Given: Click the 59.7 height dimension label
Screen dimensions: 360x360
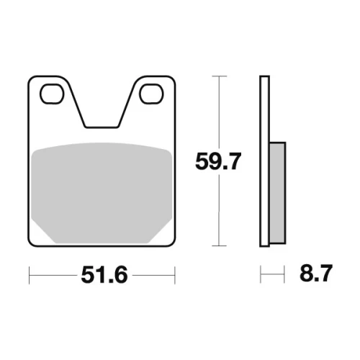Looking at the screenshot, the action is [x=218, y=161].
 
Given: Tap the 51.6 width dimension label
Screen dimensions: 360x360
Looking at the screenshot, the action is [x=104, y=275].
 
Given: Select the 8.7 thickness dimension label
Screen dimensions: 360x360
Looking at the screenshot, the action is [x=316, y=273].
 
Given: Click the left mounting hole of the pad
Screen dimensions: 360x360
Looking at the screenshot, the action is [x=52, y=94].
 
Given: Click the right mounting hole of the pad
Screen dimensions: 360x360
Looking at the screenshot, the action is [x=151, y=94].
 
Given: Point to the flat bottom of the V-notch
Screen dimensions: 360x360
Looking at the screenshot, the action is [x=102, y=127].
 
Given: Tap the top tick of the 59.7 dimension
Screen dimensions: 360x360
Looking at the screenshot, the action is [x=220, y=76].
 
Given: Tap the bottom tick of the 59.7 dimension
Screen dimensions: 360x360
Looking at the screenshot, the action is [x=220, y=246].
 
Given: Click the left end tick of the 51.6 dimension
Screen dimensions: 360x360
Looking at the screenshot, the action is [x=29, y=275].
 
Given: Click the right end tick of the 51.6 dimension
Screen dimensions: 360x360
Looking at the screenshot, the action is [x=175, y=275].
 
